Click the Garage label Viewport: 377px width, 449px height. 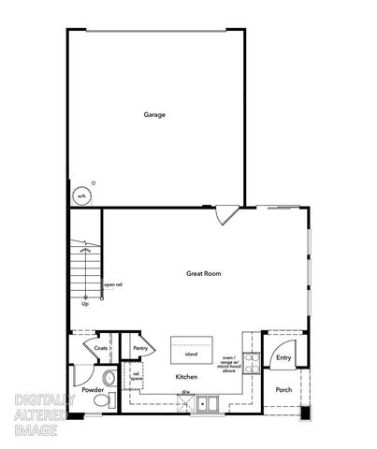[154, 115]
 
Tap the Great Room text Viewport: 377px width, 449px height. [203, 273]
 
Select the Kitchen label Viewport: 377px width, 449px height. [186, 377]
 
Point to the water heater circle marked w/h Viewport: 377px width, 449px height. [82, 196]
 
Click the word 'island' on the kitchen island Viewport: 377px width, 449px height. [191, 355]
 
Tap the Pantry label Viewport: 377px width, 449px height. [140, 348]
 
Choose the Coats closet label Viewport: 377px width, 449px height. [101, 348]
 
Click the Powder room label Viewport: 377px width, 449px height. [93, 389]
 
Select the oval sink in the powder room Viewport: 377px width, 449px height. [110, 378]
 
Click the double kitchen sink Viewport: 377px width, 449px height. [208, 405]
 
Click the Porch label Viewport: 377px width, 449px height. [283, 391]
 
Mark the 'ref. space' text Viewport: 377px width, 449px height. [136, 376]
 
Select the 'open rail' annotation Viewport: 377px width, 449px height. [111, 284]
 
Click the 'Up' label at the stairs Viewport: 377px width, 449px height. [85, 303]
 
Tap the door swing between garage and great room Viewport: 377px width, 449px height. [225, 215]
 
